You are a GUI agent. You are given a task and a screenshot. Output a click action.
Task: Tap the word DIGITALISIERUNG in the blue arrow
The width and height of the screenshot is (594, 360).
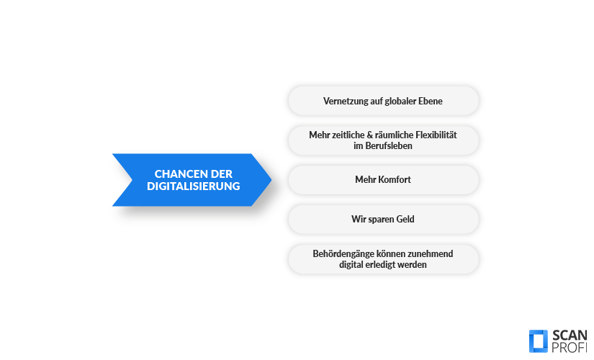[x=194, y=186]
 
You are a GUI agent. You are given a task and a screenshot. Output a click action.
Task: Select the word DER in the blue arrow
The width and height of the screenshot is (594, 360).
[x=221, y=174]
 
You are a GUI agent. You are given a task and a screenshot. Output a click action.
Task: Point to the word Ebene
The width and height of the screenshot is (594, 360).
[x=431, y=102]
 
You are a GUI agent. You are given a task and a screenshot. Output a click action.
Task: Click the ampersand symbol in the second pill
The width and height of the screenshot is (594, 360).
[x=370, y=135]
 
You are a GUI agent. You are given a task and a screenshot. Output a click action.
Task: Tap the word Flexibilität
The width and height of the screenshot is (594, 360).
[x=436, y=135]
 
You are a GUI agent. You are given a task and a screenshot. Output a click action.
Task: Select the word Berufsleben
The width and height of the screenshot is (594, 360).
[x=389, y=146]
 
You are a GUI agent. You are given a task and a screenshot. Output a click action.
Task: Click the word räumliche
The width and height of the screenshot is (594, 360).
[x=394, y=135]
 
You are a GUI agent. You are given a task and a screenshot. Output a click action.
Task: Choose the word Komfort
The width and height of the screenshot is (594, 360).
[x=395, y=179]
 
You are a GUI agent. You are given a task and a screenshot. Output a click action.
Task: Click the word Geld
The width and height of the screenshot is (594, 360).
[x=405, y=220]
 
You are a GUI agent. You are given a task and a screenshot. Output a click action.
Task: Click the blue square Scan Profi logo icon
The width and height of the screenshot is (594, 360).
[x=539, y=341]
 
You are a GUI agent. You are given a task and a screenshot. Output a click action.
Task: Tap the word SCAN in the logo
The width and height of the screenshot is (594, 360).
[x=570, y=336]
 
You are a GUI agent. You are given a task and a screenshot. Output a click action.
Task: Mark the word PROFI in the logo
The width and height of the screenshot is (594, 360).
[x=570, y=348]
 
